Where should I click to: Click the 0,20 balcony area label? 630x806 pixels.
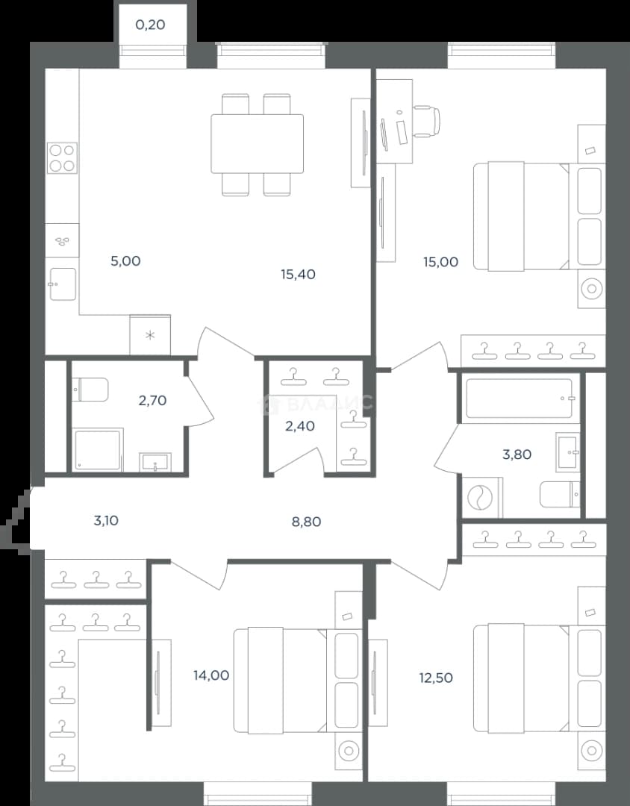(x=150, y=25)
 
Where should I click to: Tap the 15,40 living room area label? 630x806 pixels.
(x=299, y=275)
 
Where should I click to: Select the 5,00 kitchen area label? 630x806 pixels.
(x=125, y=261)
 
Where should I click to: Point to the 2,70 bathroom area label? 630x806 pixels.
(x=152, y=401)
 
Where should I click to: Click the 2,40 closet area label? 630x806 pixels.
(x=300, y=426)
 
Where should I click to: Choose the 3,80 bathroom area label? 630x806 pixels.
(x=517, y=454)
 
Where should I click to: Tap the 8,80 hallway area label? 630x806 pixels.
(x=306, y=522)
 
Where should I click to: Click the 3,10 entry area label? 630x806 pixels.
(x=106, y=521)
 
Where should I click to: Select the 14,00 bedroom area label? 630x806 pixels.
(x=211, y=675)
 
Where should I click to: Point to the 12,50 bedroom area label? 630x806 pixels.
(x=436, y=678)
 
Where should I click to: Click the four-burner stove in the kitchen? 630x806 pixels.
(x=62, y=157)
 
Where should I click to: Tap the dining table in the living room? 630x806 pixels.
(x=257, y=144)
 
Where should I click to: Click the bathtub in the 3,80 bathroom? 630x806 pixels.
(x=519, y=399)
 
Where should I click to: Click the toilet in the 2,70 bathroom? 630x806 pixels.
(x=90, y=390)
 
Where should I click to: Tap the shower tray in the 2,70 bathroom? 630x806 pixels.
(x=98, y=449)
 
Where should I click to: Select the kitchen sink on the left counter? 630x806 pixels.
(x=62, y=284)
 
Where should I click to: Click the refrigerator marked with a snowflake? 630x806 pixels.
(x=149, y=334)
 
